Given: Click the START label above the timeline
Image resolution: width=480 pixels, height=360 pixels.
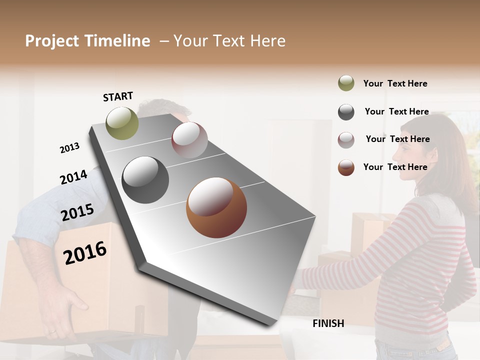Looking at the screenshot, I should [118, 96].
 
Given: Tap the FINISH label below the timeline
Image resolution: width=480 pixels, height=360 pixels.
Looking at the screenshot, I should [328, 323].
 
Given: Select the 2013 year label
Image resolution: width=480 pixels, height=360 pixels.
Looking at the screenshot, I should [69, 148].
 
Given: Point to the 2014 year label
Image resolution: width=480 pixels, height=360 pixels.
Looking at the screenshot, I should [73, 177].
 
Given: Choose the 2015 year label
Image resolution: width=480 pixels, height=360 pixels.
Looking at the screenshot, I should [77, 212].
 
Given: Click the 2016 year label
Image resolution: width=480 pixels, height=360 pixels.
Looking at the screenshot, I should [85, 252].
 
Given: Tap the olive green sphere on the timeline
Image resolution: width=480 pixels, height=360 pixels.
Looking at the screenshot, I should [122, 123].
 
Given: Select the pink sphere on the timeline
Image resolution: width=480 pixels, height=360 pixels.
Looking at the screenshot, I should [189, 140].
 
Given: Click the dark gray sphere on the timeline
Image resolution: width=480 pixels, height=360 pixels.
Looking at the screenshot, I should [145, 180].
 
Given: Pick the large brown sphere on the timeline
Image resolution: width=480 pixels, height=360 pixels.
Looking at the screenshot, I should [216, 207].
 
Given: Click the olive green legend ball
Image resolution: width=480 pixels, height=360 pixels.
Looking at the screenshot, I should [346, 83].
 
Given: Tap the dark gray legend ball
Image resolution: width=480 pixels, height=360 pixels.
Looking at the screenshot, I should [346, 112].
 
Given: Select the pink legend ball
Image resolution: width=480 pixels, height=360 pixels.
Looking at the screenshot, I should [346, 140].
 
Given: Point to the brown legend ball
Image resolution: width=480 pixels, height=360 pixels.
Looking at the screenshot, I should [346, 167].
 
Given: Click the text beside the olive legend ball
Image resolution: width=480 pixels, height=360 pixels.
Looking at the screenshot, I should [395, 83].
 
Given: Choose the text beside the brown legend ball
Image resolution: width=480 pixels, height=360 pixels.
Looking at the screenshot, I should [395, 167].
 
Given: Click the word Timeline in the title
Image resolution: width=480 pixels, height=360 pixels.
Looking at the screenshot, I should [117, 41].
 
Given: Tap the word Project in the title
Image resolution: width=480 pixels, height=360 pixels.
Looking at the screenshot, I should [51, 41].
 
